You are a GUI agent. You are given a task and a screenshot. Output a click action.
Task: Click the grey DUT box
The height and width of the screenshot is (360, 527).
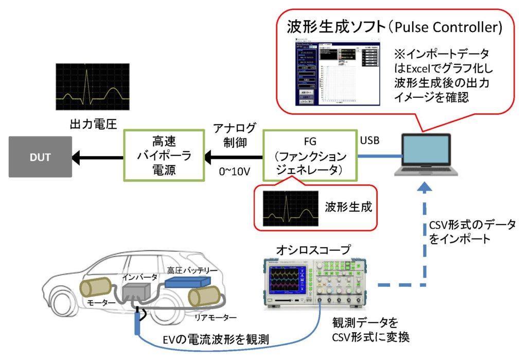[40, 157]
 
